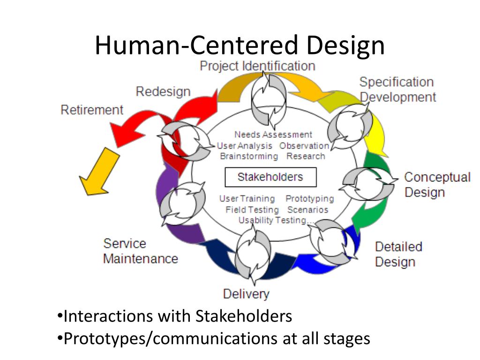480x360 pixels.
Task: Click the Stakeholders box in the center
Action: pyautogui.click(x=270, y=177)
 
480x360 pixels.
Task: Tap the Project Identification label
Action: pyautogui.click(x=257, y=66)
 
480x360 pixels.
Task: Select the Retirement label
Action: pyautogui.click(x=92, y=110)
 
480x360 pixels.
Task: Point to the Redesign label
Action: pyautogui.click(x=163, y=91)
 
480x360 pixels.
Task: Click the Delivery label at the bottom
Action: pyautogui.click(x=246, y=294)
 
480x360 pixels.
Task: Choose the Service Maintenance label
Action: pyautogui.click(x=140, y=251)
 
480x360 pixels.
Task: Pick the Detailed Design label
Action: pyautogui.click(x=398, y=254)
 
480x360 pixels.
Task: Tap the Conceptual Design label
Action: pyautogui.click(x=437, y=185)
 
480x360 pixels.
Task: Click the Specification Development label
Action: pyautogui.click(x=397, y=90)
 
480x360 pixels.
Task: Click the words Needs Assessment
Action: pyautogui.click(x=273, y=135)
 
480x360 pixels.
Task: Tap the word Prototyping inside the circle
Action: pyautogui.click(x=309, y=199)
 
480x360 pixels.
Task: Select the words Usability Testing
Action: pyautogui.click(x=272, y=220)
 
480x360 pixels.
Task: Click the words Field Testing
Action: pyautogui.click(x=252, y=210)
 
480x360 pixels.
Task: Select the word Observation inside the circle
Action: pyautogui.click(x=304, y=146)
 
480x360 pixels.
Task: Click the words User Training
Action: pyautogui.click(x=247, y=199)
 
